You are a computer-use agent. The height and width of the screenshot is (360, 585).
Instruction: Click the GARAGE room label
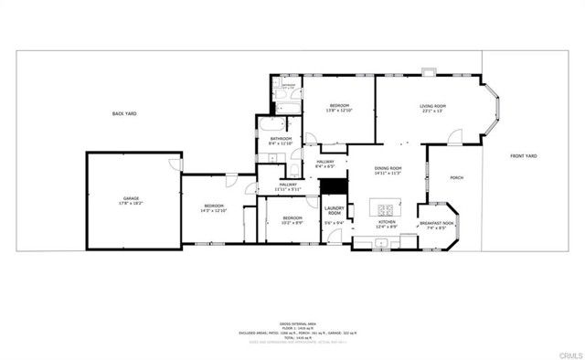132,198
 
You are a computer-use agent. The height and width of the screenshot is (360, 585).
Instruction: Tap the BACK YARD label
123,113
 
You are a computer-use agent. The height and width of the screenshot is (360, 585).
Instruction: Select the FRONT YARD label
524,156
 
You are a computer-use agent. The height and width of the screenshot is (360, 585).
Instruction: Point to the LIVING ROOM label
432,107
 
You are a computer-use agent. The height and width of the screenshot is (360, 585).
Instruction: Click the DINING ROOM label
389,168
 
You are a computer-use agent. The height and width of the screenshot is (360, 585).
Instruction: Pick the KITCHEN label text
388,221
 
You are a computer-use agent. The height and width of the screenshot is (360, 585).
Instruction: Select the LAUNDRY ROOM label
334,211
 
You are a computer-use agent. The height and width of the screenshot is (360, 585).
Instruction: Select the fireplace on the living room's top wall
428,72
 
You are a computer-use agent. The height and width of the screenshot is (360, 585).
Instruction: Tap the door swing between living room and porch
452,139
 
